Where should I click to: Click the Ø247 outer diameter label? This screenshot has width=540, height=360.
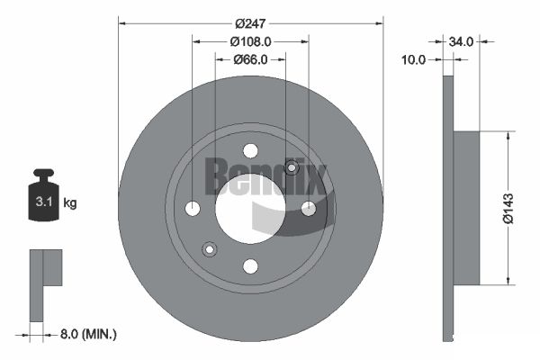(250, 23)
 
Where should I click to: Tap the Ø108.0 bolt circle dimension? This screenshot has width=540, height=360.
(250, 41)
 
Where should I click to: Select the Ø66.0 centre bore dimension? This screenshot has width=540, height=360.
(250, 59)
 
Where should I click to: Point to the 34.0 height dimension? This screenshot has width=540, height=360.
(461, 41)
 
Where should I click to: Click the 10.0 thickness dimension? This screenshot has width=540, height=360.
(414, 60)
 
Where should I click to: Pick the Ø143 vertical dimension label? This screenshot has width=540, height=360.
(508, 209)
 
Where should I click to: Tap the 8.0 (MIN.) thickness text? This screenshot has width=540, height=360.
(88, 334)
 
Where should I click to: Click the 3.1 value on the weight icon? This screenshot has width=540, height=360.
(44, 202)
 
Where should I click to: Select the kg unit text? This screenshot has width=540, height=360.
(70, 202)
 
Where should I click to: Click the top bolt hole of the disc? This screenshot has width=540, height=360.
(250, 150)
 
